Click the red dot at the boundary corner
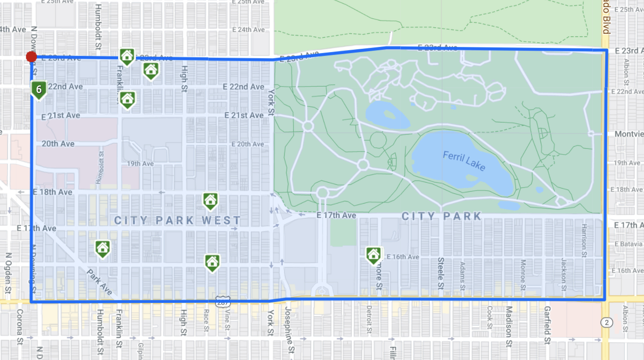pyautogui.click(x=31, y=57)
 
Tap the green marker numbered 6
pyautogui.click(x=39, y=89)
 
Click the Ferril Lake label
pyautogui.click(x=464, y=162)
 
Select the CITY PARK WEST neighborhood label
pyautogui.click(x=178, y=220)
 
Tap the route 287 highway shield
pyautogui.click(x=222, y=302)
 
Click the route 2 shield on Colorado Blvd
pyautogui.click(x=607, y=322)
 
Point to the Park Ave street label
pyautogui.click(x=100, y=282)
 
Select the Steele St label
pyautogui.click(x=441, y=273)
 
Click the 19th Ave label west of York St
pyautogui.click(x=141, y=164)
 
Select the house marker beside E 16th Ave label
pyautogui.click(x=373, y=254)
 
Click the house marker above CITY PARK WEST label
pyautogui.click(x=210, y=201)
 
